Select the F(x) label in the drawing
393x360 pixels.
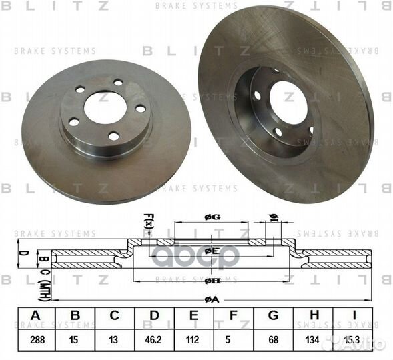[x=148, y=220]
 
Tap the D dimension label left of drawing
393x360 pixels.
[x=21, y=255]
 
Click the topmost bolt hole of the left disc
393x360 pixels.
[x=118, y=83]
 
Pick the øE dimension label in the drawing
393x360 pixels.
[x=213, y=251]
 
